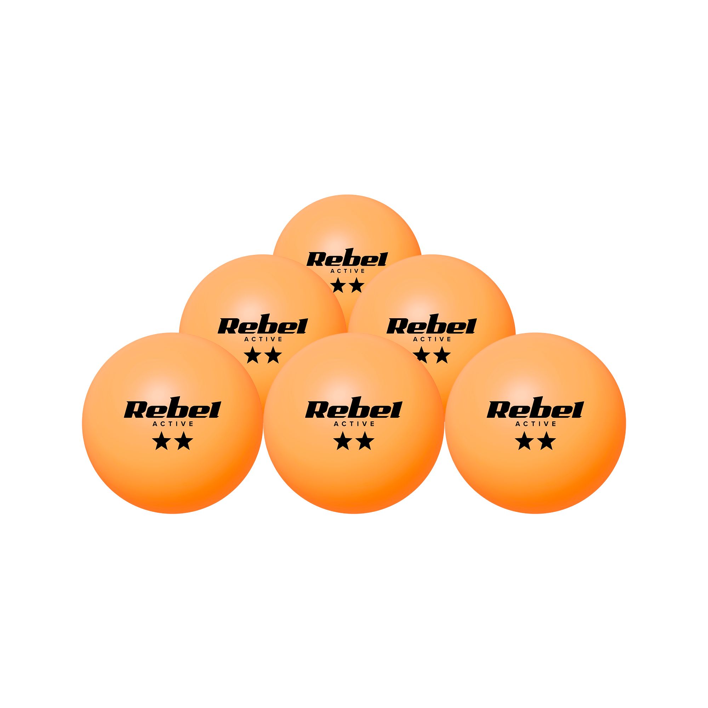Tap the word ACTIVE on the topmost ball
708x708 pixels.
(x=348, y=271)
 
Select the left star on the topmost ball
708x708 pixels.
(x=338, y=285)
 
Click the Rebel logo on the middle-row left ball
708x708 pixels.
(x=263, y=324)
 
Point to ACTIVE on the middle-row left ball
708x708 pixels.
(x=263, y=339)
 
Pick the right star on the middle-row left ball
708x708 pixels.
(x=273, y=355)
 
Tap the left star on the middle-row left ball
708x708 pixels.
(x=252, y=355)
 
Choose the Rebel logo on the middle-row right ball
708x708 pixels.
(x=432, y=324)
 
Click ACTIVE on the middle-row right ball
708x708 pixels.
(x=432, y=339)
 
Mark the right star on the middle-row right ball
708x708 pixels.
(x=442, y=355)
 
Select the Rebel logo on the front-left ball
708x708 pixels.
(x=173, y=407)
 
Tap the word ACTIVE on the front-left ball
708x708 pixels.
(x=173, y=424)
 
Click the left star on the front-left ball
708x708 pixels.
(x=162, y=441)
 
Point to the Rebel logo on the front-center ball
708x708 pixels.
(x=354, y=407)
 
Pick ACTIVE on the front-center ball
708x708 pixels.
(x=354, y=424)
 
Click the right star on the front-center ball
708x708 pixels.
(x=365, y=441)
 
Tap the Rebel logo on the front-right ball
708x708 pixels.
(x=535, y=407)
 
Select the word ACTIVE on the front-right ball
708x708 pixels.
(x=536, y=424)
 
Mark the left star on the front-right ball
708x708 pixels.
(x=524, y=441)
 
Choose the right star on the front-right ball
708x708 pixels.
(x=546, y=441)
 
